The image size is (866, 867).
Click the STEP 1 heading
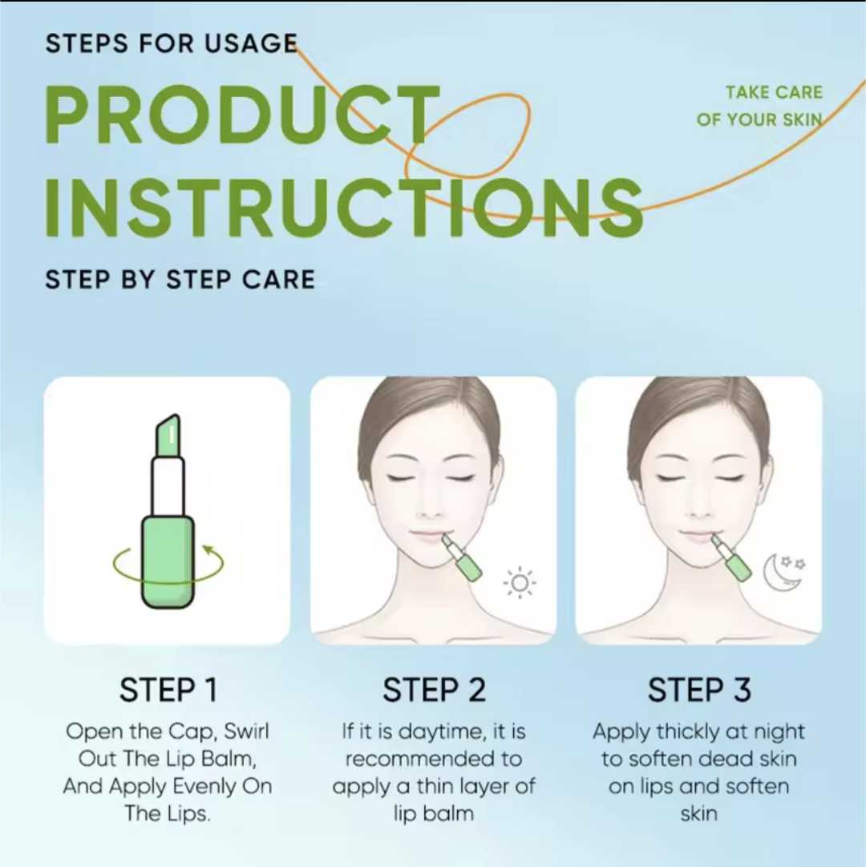pos(168,690)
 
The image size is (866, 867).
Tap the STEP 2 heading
pos(434,690)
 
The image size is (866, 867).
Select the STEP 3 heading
pos(699,690)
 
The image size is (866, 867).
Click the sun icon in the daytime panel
pos(520,583)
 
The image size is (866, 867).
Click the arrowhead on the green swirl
pos(208,549)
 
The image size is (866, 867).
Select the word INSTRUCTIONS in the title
pos(344,209)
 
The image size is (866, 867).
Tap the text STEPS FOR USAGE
pos(172,43)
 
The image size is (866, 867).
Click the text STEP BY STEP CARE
pos(180,279)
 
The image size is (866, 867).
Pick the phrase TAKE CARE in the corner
pos(774,92)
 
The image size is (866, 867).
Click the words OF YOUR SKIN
pos(759,120)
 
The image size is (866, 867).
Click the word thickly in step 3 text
pos(687,732)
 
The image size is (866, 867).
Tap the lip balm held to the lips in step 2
pos(461,557)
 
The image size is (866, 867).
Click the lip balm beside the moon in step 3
pos(731,557)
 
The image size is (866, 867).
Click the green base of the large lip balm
pos(168,561)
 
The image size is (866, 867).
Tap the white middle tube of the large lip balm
pos(168,487)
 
